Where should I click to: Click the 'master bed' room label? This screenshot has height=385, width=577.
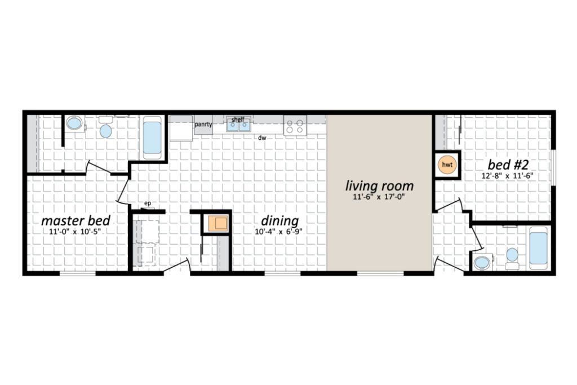tap(76, 221)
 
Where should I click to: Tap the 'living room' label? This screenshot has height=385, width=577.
tap(379, 186)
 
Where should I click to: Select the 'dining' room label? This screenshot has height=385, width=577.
tap(279, 221)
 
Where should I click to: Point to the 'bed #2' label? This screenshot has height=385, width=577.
tap(508, 164)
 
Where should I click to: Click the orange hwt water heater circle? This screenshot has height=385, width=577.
tap(447, 165)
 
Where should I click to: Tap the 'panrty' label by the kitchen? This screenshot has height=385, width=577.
tap(203, 125)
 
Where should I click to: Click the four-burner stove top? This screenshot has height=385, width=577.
tap(295, 125)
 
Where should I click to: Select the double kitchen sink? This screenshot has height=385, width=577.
tap(238, 125)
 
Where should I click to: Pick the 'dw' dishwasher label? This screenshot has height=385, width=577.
tap(262, 138)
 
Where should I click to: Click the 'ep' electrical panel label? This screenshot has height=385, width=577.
tap(148, 203)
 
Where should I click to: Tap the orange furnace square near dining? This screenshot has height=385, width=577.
tap(218, 223)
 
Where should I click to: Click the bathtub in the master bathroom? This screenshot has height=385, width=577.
tap(152, 138)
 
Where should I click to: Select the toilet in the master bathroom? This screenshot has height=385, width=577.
tap(106, 127)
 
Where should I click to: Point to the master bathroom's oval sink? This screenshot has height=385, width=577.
tap(75, 123)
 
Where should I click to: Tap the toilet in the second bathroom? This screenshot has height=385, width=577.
tap(512, 258)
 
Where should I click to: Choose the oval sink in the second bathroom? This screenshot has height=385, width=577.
tap(482, 263)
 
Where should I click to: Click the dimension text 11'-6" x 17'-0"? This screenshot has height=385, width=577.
tap(379, 197)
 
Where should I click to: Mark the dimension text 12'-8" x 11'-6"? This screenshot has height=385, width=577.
tap(508, 175)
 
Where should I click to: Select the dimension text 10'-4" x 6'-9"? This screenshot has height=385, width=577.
tap(278, 232)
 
